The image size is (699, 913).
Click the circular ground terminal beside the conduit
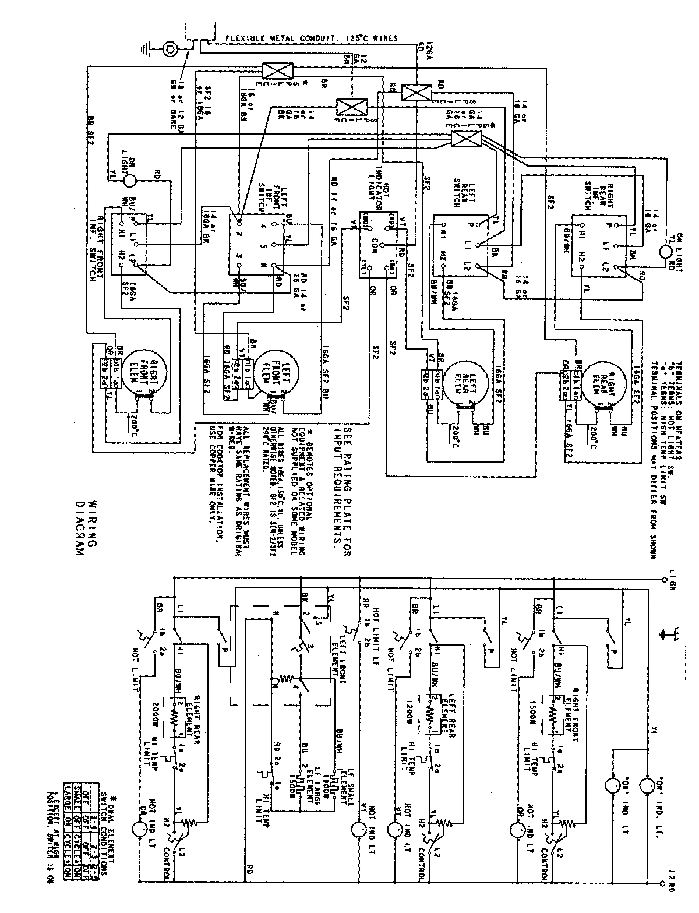(171, 49)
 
